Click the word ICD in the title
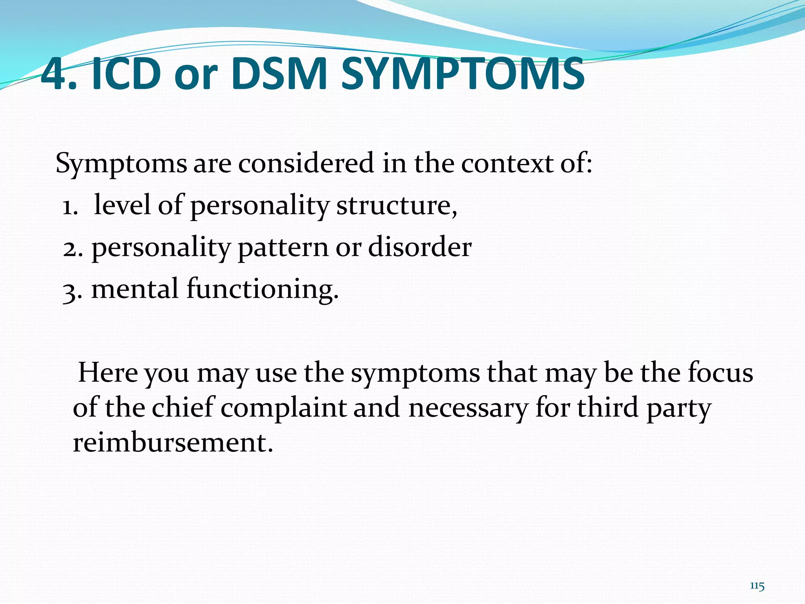pos(126,74)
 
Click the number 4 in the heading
pos(54,74)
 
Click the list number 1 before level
pos(69,207)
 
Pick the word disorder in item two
pos(419,247)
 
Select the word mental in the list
pos(135,289)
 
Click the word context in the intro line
pos(507,163)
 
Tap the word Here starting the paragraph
pos(108,372)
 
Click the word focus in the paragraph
pos(720,372)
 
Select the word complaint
pos(283,409)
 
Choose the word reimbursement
pos(172,443)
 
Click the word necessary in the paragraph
pos(468,409)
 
